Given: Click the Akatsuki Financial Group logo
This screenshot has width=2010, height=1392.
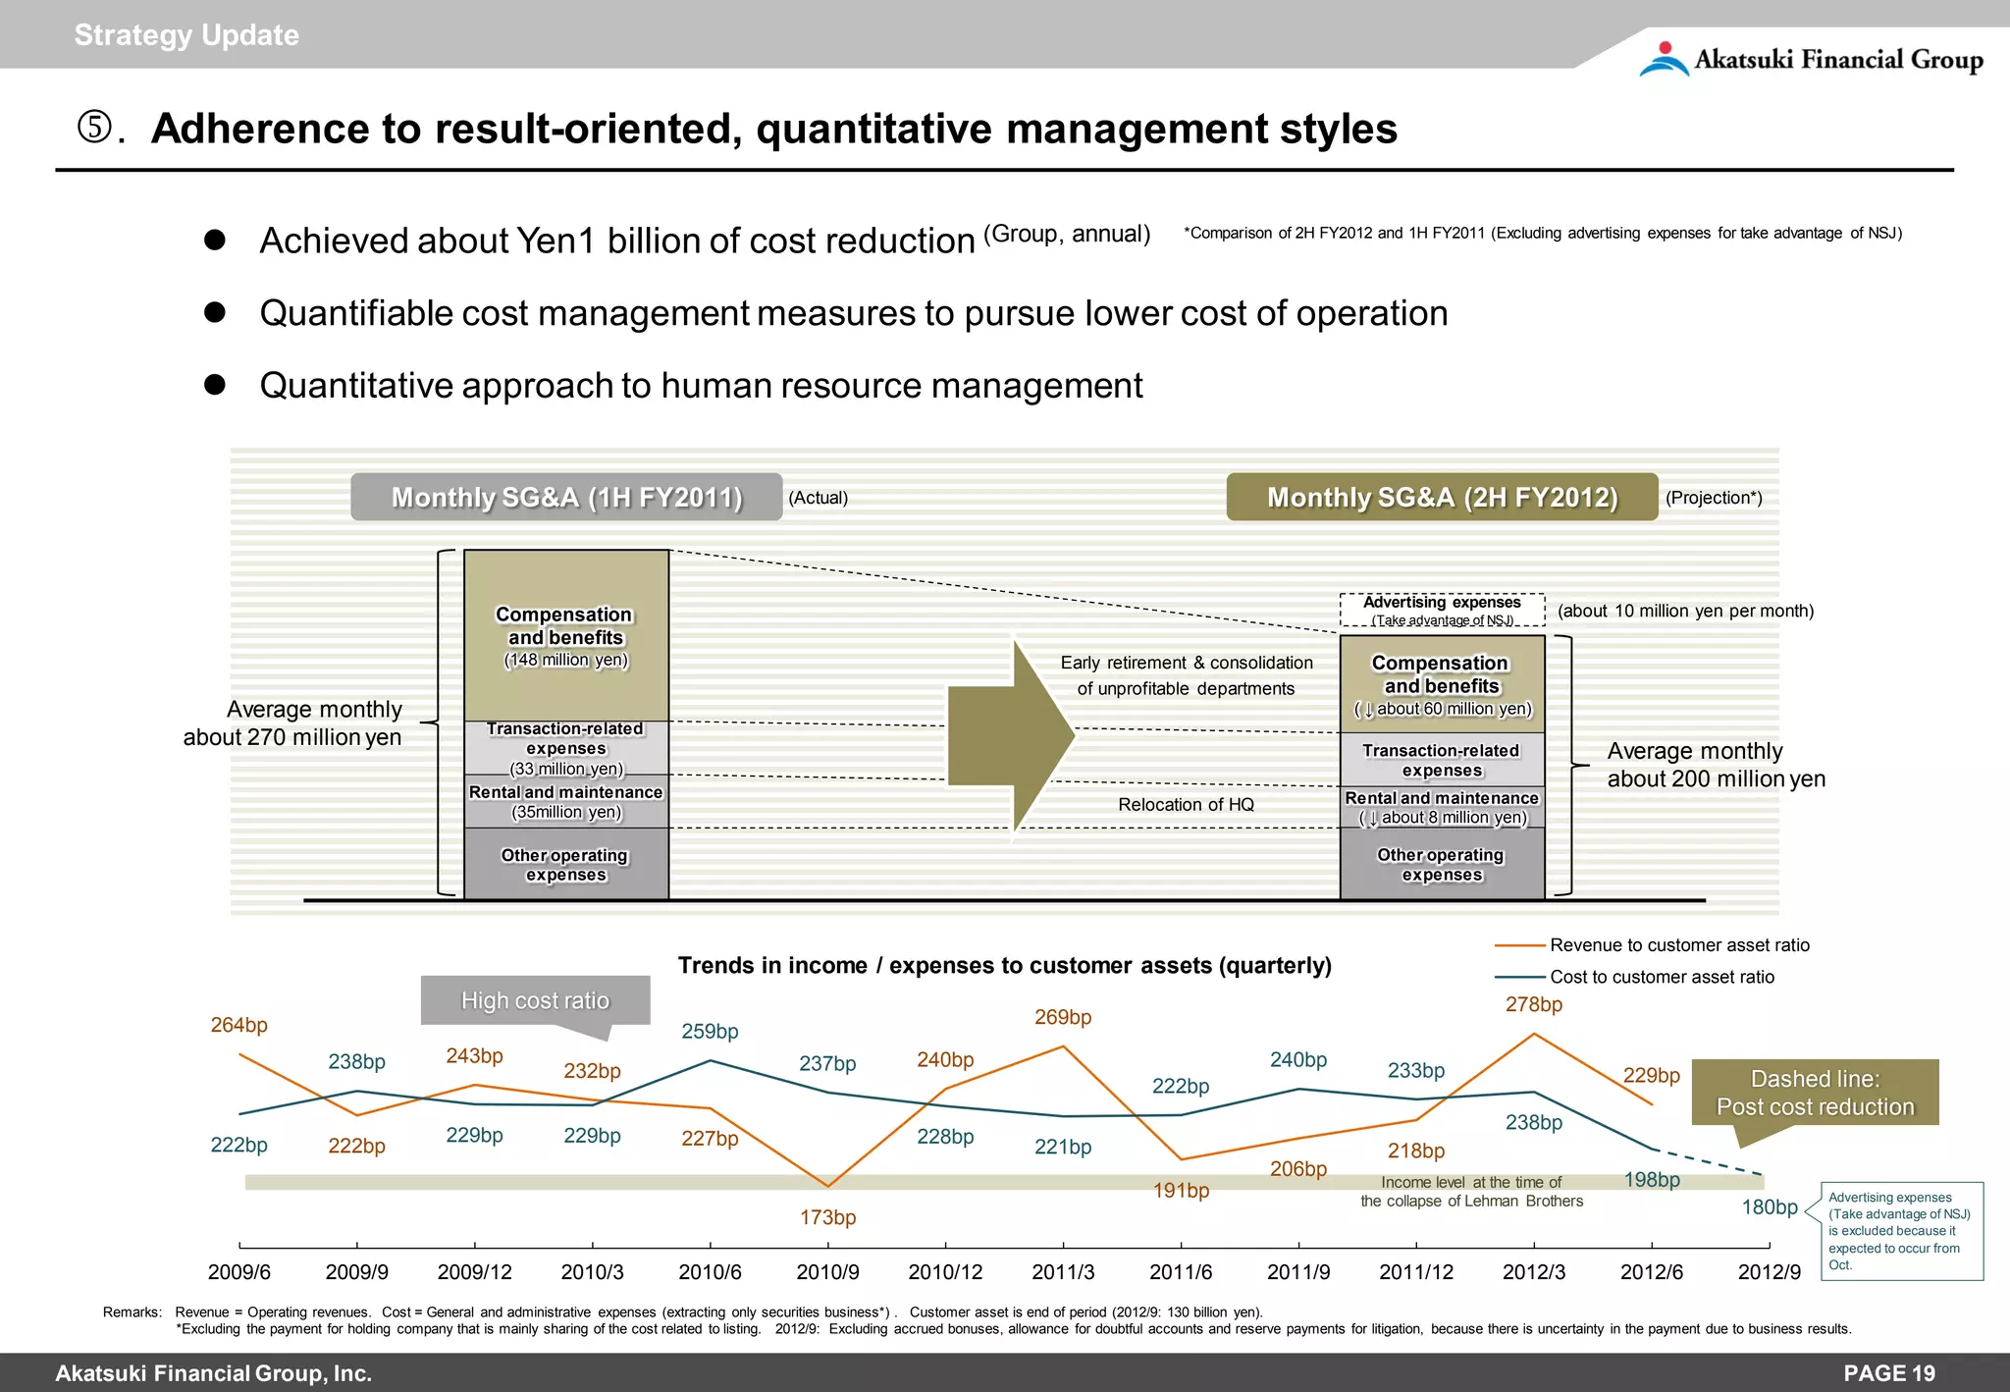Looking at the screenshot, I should pos(1811,59).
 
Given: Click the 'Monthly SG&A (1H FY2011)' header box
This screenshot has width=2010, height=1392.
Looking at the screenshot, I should pos(566,497).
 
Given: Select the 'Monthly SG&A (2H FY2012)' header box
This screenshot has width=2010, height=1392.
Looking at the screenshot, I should pos(1442,497).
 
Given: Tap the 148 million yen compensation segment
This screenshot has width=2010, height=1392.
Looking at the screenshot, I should pos(566,636).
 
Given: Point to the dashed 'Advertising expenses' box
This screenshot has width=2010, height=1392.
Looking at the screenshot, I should pos(1442,610).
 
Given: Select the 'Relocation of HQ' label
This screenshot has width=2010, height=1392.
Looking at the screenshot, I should pos(1186,805).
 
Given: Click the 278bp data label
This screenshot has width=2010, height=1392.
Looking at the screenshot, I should pos(1534,1004).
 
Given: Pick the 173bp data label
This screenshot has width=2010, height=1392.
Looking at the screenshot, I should pos(827,1217).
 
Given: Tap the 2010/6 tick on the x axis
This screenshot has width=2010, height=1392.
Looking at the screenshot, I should pos(710,1272).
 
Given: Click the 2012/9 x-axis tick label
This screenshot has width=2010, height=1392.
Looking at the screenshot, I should pos(1769,1272).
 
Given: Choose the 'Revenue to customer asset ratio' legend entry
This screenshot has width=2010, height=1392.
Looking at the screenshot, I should pos(1678,945).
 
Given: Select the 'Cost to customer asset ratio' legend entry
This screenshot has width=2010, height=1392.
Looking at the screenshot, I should pos(1661,977).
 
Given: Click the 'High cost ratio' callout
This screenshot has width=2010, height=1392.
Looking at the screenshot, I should pos(535,1000).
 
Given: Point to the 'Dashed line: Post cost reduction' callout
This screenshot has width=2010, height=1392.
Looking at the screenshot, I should pos(1815,1093).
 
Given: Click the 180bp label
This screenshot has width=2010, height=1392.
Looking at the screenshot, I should pos(1770,1207).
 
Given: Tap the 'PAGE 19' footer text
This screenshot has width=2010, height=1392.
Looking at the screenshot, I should pos(1888,1373).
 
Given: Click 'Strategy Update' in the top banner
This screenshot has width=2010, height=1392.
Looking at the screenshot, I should pos(186,35).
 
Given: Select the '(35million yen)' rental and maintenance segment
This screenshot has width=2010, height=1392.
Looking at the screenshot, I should pos(566,802).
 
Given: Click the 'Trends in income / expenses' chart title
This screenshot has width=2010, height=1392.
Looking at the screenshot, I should pos(1004,966).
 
